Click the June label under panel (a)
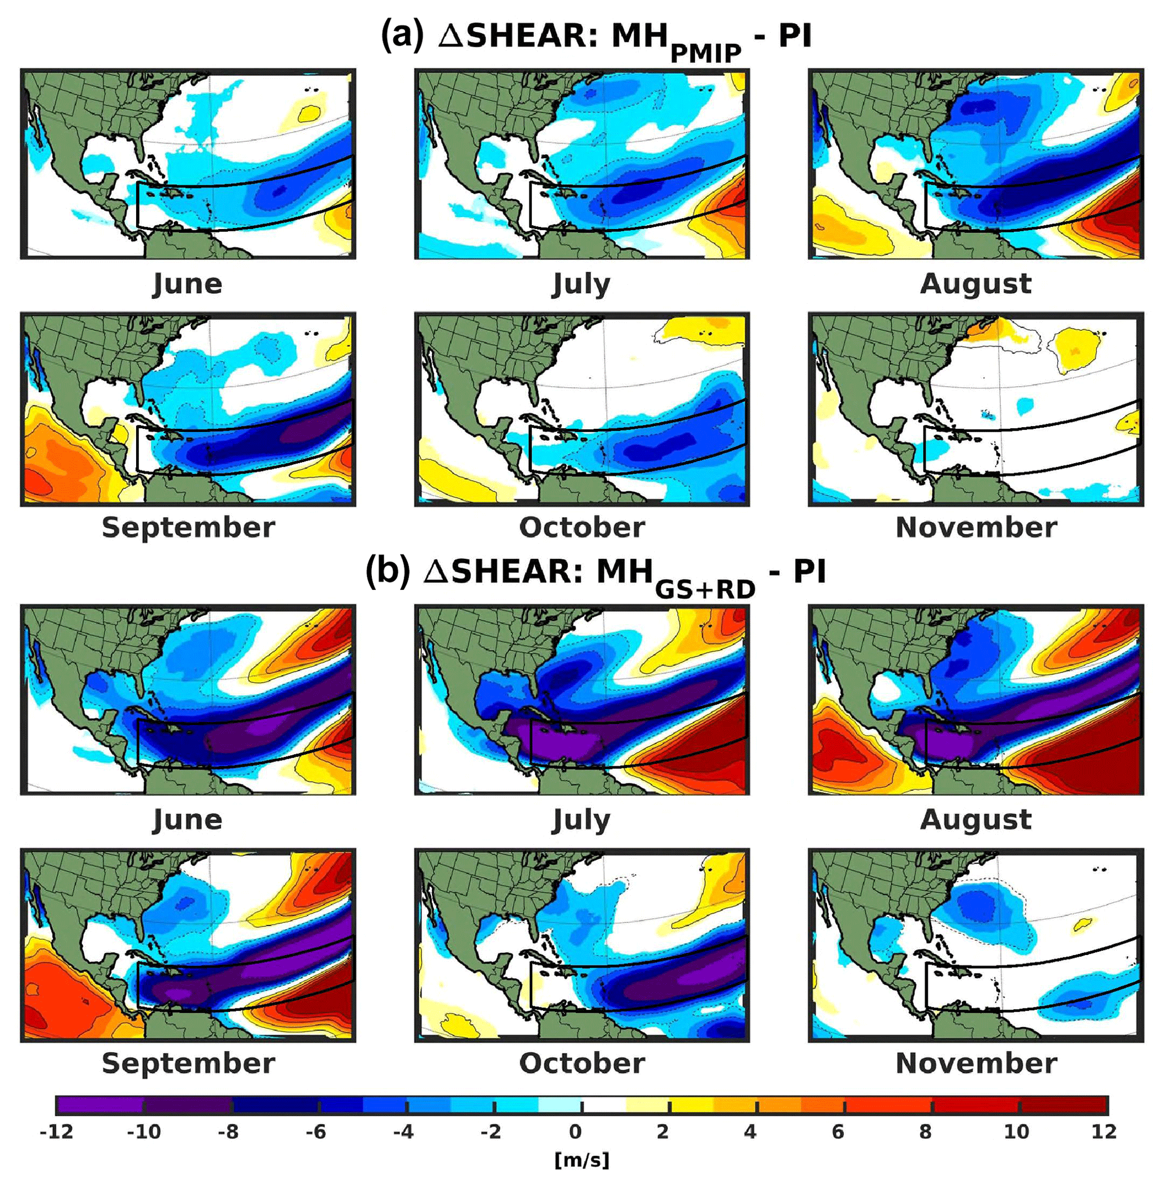pyautogui.click(x=187, y=284)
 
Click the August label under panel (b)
pyautogui.click(x=976, y=819)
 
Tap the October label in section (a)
pyautogui.click(x=582, y=527)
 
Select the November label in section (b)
pyautogui.click(x=976, y=1063)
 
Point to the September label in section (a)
pyautogui.click(x=188, y=527)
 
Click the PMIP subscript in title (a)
pyautogui.click(x=706, y=54)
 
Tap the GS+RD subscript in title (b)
pyautogui.click(x=705, y=589)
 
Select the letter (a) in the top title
pyautogui.click(x=402, y=35)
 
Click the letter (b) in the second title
pyautogui.click(x=386, y=571)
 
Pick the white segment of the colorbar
pyautogui.click(x=603, y=1105)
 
